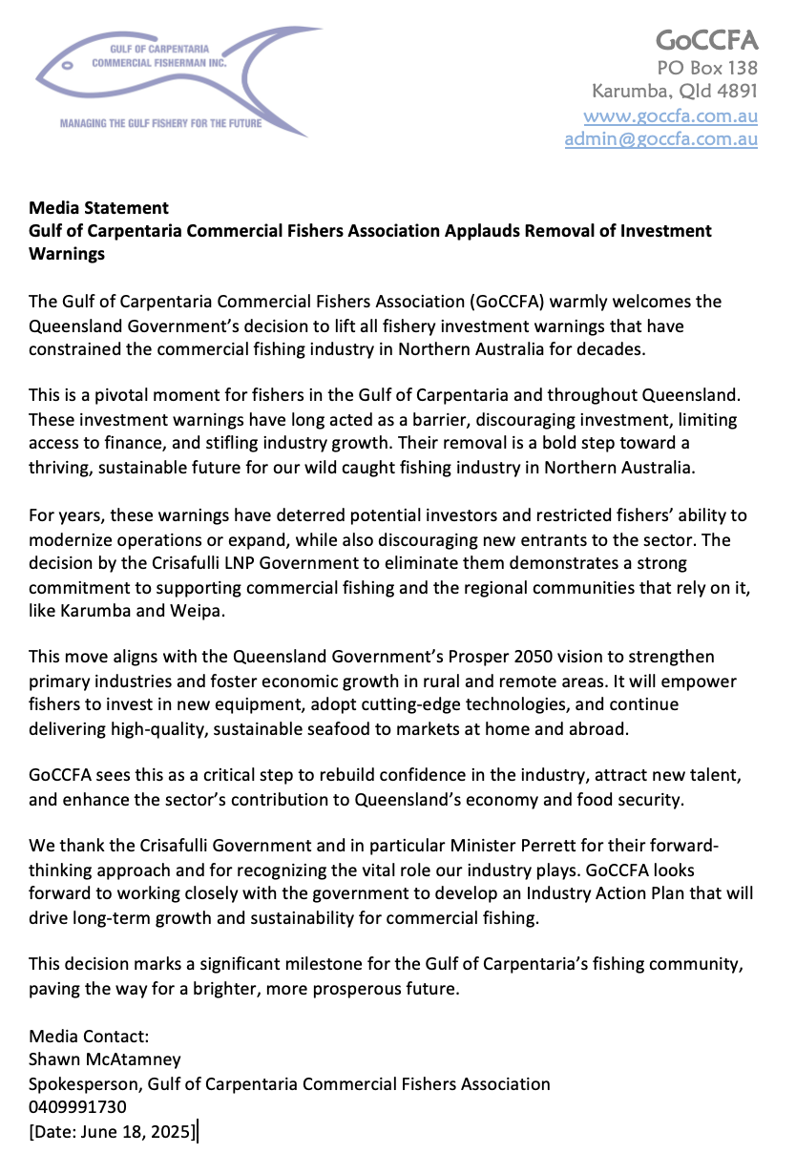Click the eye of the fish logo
67,67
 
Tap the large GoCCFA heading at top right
706,40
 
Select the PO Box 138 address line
707,68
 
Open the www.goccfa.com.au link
670,115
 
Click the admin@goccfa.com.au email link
660,138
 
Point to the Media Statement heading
98,207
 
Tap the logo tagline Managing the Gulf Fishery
160,123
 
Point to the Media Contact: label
89,1036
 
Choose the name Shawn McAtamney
105,1059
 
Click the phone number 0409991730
77,1107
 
